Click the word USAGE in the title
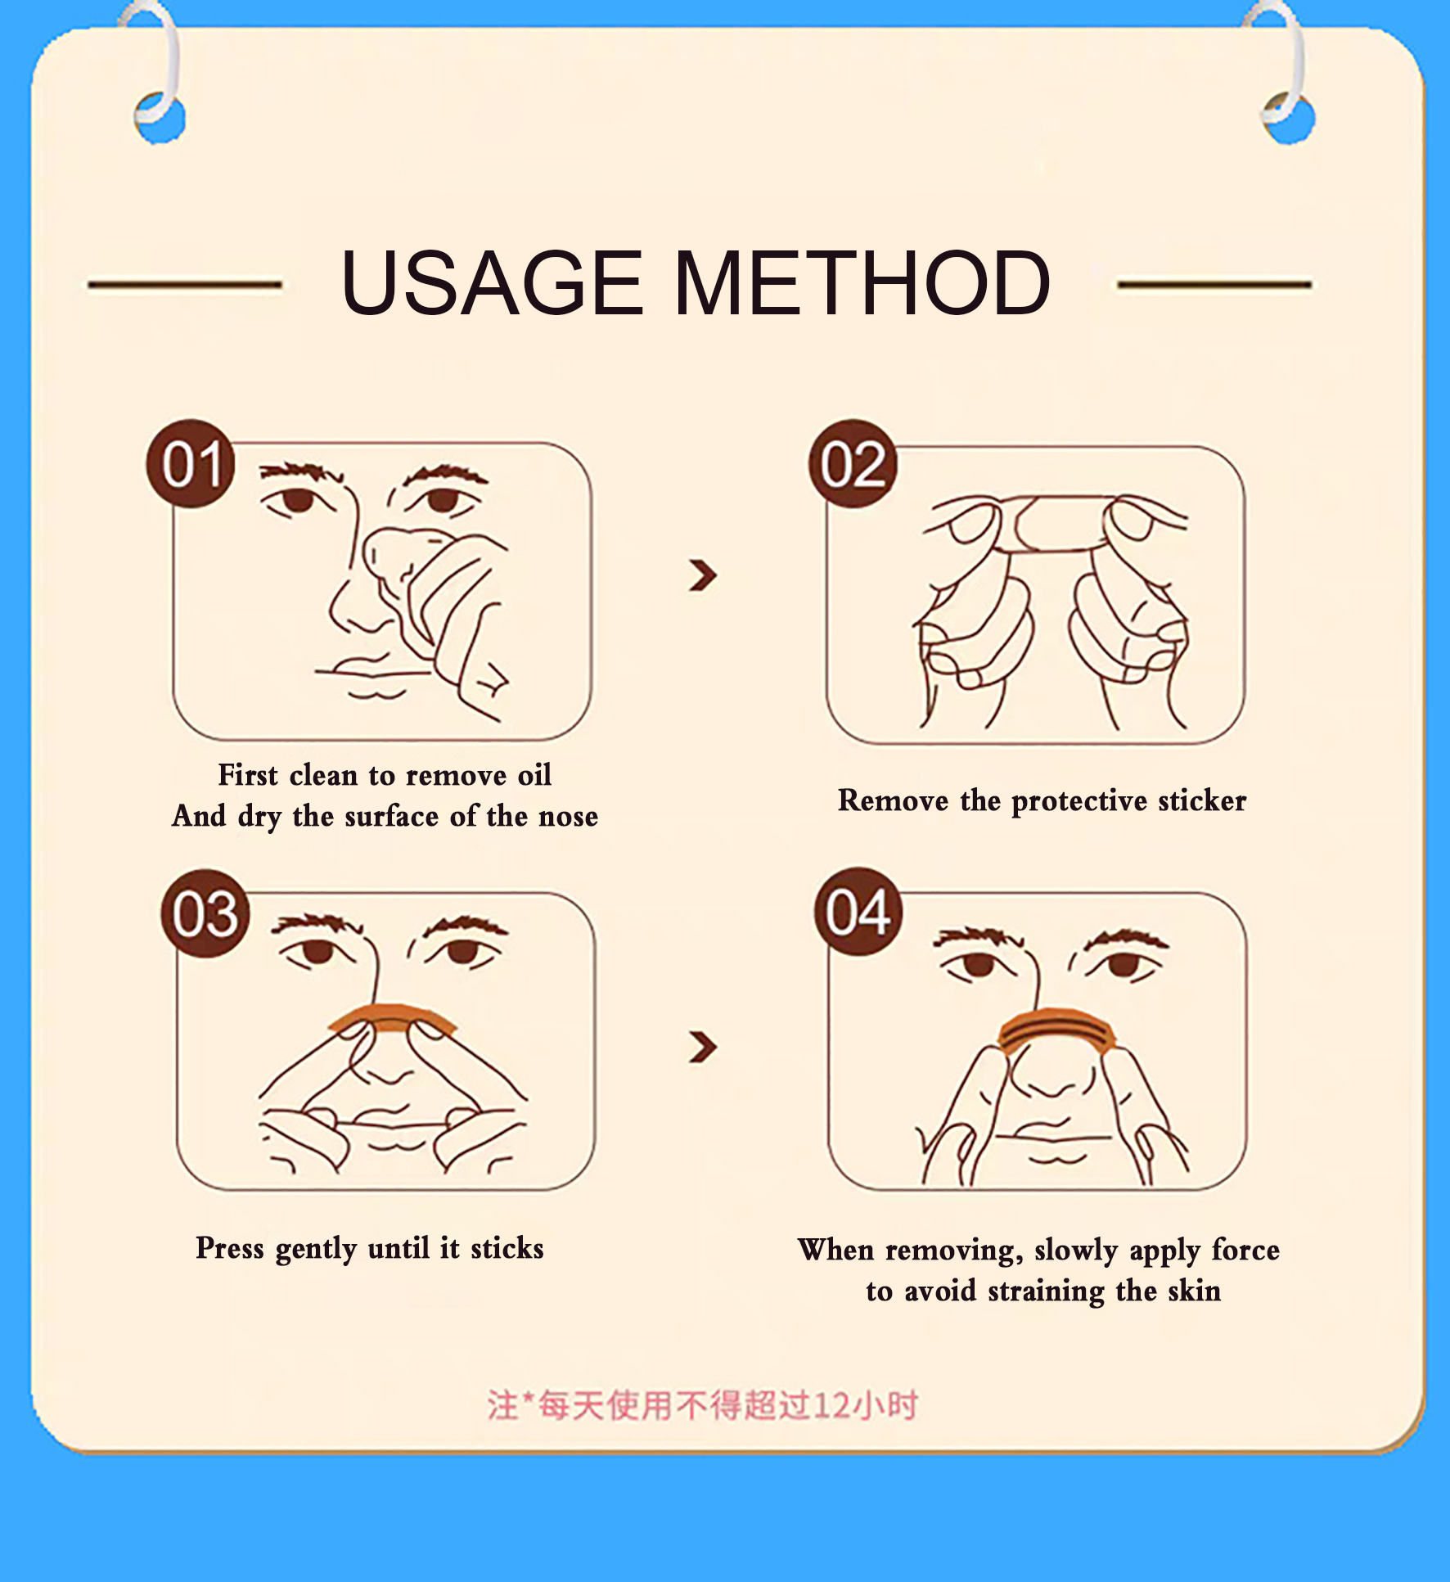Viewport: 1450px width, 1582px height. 493,282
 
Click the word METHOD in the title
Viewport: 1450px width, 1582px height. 862,282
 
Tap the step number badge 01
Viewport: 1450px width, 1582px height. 191,464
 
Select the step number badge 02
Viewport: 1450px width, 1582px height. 853,464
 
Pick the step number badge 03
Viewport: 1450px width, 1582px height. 205,913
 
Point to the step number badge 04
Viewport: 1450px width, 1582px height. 858,912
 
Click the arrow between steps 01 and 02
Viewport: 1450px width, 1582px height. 703,575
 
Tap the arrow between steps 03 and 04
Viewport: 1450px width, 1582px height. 703,1047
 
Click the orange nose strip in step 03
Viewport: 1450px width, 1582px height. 393,1017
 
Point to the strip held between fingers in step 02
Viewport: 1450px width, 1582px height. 1056,523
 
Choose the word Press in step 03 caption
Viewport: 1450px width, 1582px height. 230,1248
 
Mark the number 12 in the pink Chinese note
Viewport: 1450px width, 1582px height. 831,1405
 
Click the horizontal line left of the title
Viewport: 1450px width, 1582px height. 185,285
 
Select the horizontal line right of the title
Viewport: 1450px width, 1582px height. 1214,285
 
